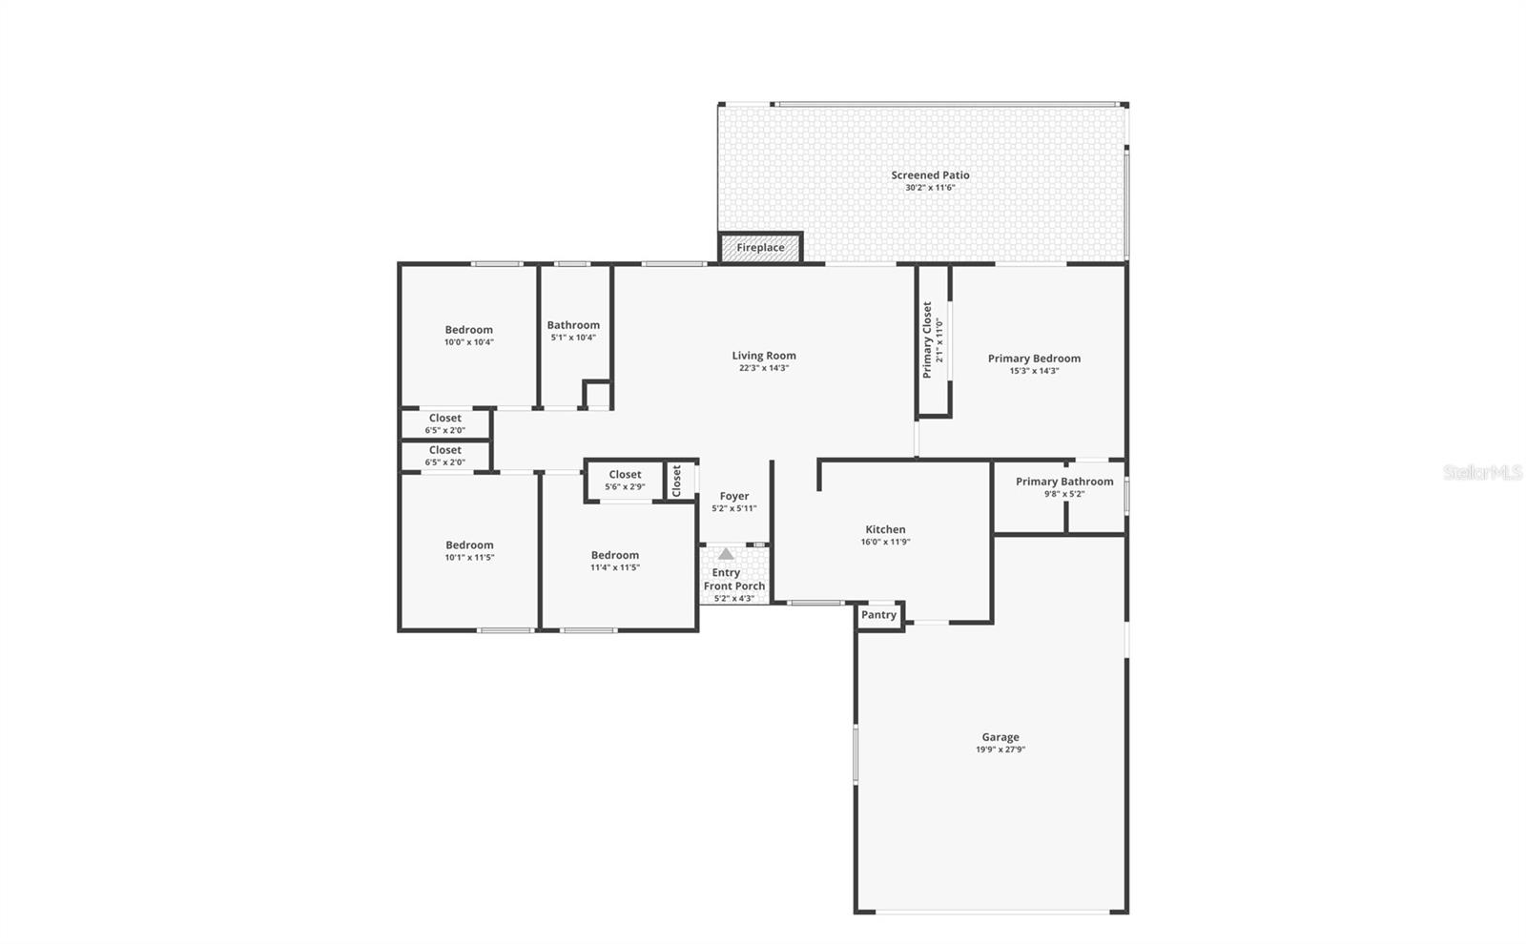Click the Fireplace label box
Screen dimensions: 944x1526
pyautogui.click(x=760, y=248)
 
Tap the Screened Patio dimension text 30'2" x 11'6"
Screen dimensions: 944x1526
pyautogui.click(x=930, y=188)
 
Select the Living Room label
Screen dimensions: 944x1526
pyautogui.click(x=764, y=356)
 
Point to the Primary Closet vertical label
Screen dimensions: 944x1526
pyautogui.click(x=927, y=339)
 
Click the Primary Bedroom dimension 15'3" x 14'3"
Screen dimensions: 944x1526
pyautogui.click(x=1034, y=371)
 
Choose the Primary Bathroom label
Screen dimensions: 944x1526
pyautogui.click(x=1064, y=482)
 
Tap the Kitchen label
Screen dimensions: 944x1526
pyautogui.click(x=885, y=529)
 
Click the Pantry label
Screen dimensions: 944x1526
pyautogui.click(x=878, y=615)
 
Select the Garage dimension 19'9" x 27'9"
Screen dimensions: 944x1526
pyautogui.click(x=1000, y=749)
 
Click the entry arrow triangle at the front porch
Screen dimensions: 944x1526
pyautogui.click(x=726, y=554)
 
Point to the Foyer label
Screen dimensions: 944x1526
pyautogui.click(x=734, y=496)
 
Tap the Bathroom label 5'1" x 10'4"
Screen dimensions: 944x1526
pyautogui.click(x=573, y=325)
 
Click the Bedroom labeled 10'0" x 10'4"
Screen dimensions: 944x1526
pyautogui.click(x=468, y=330)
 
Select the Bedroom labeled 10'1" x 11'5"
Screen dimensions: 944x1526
pyautogui.click(x=469, y=545)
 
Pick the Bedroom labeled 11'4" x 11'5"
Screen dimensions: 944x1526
pyautogui.click(x=615, y=555)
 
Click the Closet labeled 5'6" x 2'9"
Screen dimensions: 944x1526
pyautogui.click(x=625, y=475)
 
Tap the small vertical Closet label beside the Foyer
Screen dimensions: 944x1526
pyautogui.click(x=676, y=481)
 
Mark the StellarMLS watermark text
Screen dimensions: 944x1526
pyautogui.click(x=1482, y=472)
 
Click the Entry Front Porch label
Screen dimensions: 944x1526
pyautogui.click(x=733, y=580)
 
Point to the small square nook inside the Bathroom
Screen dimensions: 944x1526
pyautogui.click(x=597, y=395)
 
